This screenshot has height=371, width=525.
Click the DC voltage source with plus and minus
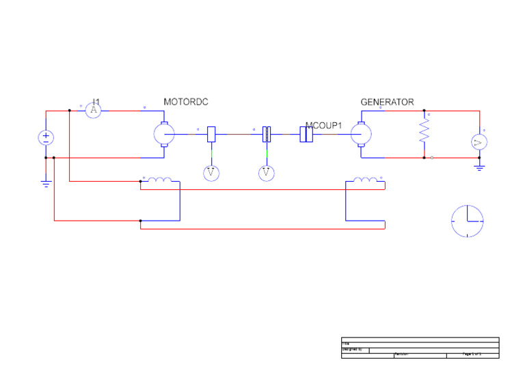click(x=46, y=137)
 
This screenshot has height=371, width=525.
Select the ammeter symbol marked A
click(x=95, y=110)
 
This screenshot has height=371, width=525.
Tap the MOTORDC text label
click(x=185, y=102)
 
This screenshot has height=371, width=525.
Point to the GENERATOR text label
click(x=387, y=102)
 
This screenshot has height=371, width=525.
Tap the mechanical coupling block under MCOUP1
click(x=307, y=135)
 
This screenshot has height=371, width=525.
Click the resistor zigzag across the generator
click(x=424, y=129)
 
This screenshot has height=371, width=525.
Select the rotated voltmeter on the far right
click(x=479, y=142)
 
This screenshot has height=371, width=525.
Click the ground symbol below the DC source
click(x=46, y=183)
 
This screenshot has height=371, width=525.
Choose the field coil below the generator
click(x=365, y=181)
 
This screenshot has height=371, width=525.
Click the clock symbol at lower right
click(x=468, y=221)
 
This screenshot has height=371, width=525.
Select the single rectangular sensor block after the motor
click(x=211, y=134)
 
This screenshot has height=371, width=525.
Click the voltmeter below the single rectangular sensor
click(x=211, y=174)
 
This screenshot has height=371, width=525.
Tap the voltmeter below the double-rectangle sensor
click(x=267, y=174)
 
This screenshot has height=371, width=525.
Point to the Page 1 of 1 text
click(x=472, y=354)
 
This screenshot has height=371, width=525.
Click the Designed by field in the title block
click(x=355, y=349)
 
